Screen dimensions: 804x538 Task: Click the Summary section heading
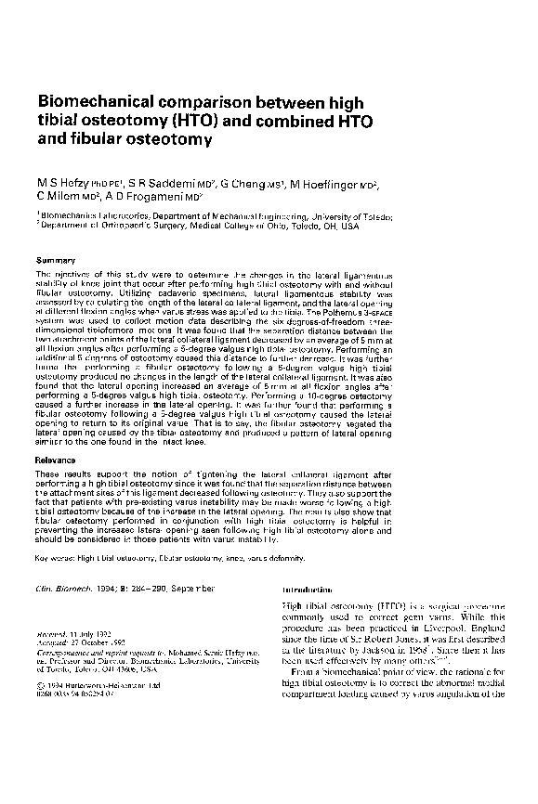click(55, 260)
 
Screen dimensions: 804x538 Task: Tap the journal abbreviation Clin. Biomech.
click(71, 589)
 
